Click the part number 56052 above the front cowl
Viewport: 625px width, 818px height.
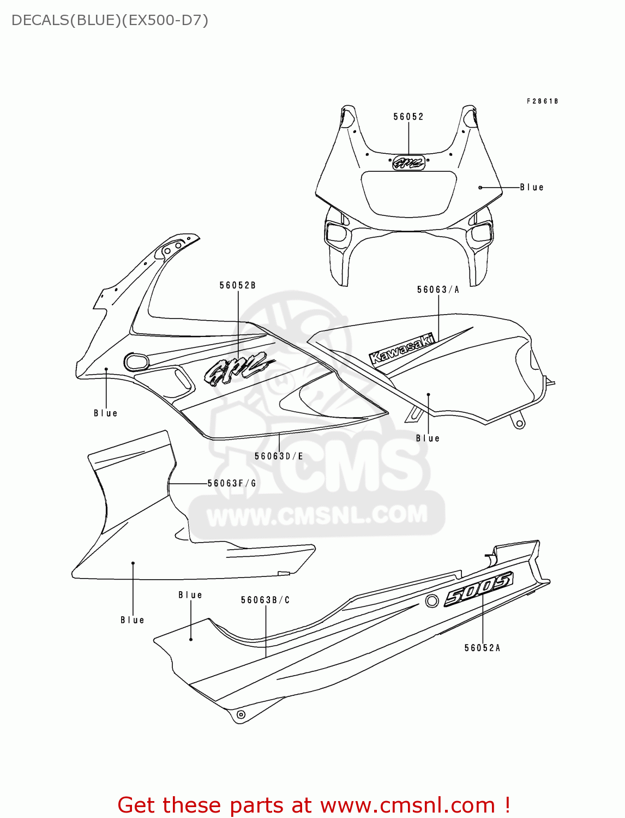[408, 117]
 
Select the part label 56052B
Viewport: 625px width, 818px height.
[238, 285]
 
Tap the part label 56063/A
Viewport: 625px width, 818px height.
[438, 290]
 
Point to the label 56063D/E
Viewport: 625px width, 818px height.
[279, 456]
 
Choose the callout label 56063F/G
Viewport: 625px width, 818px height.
[232, 483]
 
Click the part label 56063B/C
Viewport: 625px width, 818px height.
[266, 600]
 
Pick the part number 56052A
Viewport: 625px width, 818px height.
[482, 648]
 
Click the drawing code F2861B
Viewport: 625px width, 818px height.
[542, 101]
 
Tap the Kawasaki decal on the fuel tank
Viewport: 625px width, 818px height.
[402, 348]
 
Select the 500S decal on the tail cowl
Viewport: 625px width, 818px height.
[478, 589]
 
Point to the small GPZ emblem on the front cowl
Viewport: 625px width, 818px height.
[408, 162]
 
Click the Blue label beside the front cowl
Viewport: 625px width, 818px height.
[532, 187]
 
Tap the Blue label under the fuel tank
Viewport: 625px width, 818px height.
[428, 438]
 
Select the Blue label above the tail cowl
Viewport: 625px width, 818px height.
[190, 595]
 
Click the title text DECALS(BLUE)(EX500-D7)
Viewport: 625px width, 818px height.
[110, 21]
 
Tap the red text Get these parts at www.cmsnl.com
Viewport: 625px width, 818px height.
[314, 805]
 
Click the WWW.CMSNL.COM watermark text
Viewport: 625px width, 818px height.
[317, 515]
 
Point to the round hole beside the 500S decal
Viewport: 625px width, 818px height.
[432, 601]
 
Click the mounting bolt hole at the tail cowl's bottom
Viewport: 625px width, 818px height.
[241, 714]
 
